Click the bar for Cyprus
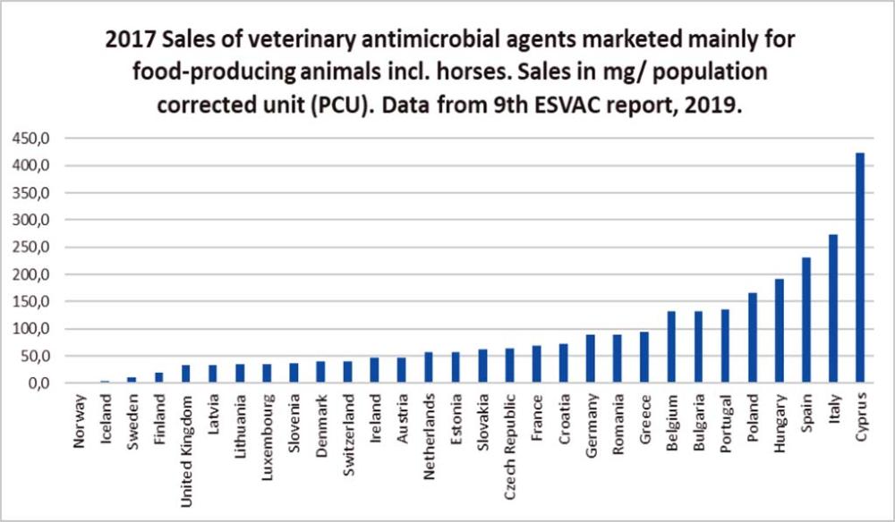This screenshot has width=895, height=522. [x=860, y=268]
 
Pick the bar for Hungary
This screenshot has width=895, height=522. [x=780, y=331]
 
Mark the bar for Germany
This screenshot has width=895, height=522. [x=591, y=358]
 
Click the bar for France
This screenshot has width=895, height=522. [x=537, y=364]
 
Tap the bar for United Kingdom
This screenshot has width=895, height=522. [x=186, y=374]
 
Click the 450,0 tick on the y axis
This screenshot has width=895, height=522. [x=32, y=139]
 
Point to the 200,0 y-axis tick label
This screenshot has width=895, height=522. [x=32, y=274]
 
